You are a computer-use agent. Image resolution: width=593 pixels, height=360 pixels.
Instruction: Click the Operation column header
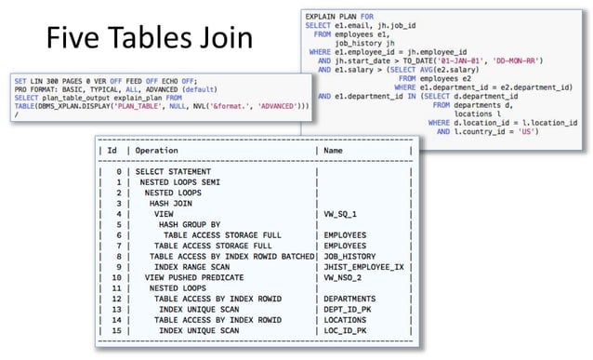tap(164, 149)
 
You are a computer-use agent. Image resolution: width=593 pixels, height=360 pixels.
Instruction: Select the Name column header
tap(334, 149)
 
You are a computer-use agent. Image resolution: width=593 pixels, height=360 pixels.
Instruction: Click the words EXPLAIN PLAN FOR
tap(339, 17)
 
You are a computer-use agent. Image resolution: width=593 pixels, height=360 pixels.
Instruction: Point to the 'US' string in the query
tap(526, 131)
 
